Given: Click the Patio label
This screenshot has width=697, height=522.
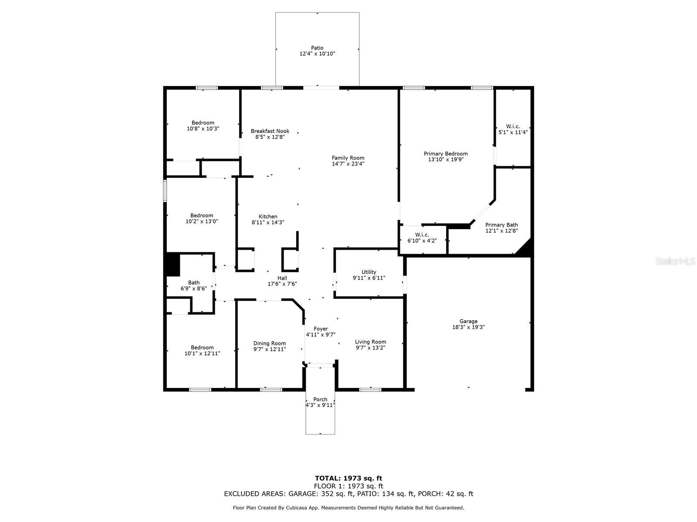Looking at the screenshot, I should (x=317, y=48).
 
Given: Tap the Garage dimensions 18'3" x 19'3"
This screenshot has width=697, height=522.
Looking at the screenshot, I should (x=468, y=327).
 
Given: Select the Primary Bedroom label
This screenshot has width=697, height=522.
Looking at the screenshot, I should (x=446, y=154).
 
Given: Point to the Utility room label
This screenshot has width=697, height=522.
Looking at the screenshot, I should (x=369, y=272).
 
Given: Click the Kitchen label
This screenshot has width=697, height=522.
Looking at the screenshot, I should (x=268, y=216).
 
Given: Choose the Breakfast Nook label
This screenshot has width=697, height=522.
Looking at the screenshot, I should (x=270, y=131).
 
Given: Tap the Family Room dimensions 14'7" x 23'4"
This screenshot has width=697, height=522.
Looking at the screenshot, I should (x=348, y=164).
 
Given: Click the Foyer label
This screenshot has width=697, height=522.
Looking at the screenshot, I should (x=321, y=329).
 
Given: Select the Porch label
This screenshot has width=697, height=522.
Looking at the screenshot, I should (x=320, y=399).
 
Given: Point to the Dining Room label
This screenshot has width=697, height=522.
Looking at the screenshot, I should (x=270, y=343).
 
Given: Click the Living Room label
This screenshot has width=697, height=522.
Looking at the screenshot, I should (x=370, y=341).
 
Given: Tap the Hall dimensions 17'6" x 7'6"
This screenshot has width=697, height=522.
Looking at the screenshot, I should (x=282, y=284).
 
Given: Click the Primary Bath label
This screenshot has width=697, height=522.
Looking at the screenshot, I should (x=501, y=225).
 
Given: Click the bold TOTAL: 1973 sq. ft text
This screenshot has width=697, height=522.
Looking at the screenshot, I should (x=348, y=478).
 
